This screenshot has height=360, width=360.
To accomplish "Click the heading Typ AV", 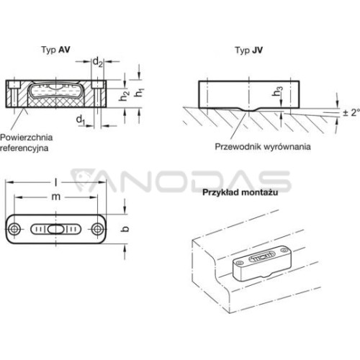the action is [x=55, y=50].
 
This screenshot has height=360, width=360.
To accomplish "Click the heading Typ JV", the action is [x=249, y=50].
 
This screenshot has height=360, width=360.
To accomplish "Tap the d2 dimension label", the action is [x=97, y=62].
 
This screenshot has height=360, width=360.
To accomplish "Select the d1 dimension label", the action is [x=81, y=120].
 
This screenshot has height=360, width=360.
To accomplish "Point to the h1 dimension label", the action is [x=139, y=92].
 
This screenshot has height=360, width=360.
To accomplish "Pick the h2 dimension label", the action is [x=124, y=96].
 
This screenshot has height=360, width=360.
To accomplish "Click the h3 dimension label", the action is [x=277, y=91].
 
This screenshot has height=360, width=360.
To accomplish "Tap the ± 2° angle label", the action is [x=351, y=112].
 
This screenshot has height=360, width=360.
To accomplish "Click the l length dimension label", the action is [x=55, y=182].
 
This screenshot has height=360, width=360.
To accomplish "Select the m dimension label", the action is [x=56, y=197].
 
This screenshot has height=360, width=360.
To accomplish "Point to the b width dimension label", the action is [x=125, y=229].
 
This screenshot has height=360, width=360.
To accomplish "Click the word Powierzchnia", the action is [x=27, y=138].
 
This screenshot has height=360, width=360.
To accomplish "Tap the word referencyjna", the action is [x=24, y=148].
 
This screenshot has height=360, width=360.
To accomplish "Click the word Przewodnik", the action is [x=238, y=146].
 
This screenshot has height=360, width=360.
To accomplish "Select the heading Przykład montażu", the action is [x=240, y=192].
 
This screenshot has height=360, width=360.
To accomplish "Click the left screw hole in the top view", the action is [x=14, y=229].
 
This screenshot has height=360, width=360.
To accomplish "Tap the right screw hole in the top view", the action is [x=97, y=229].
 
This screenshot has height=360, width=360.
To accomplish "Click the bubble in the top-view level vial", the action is [x=56, y=229].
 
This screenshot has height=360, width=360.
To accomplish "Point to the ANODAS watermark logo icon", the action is [x=83, y=179].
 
